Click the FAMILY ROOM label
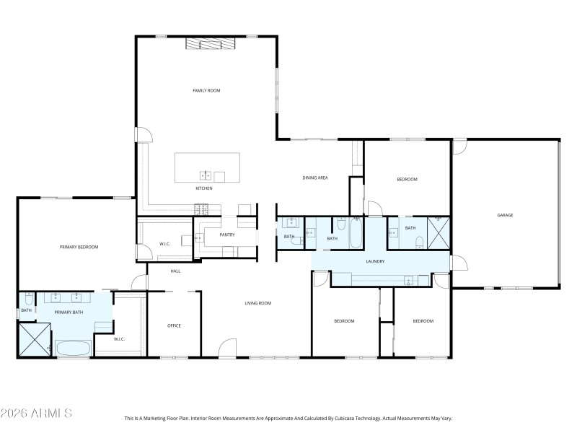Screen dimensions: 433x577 [206, 91]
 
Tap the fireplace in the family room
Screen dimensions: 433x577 [211, 44]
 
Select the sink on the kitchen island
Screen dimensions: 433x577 [206, 175]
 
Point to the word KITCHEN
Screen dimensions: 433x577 [204, 188]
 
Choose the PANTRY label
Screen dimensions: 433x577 [227, 235]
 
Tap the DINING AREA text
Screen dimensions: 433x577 [315, 177]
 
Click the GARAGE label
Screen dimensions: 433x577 [504, 215]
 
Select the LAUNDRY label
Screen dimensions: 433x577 [375, 261]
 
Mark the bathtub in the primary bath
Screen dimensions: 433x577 [74, 349]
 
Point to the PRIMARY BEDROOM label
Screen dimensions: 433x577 [79, 247]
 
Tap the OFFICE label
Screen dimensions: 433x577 [174, 325]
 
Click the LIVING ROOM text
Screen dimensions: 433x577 [257, 303]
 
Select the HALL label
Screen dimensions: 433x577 [175, 271]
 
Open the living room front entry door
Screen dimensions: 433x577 [227, 348]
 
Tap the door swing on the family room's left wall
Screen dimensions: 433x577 [144, 135]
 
